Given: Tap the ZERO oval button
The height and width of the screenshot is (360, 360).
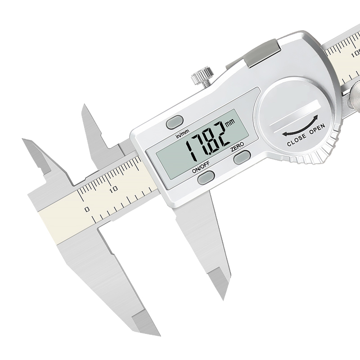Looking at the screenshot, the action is pyautogui.click(x=242, y=157).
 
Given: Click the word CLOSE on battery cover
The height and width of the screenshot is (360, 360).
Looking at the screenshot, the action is pyautogui.click(x=297, y=140).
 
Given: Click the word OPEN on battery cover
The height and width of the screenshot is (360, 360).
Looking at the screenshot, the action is pyautogui.click(x=317, y=129).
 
